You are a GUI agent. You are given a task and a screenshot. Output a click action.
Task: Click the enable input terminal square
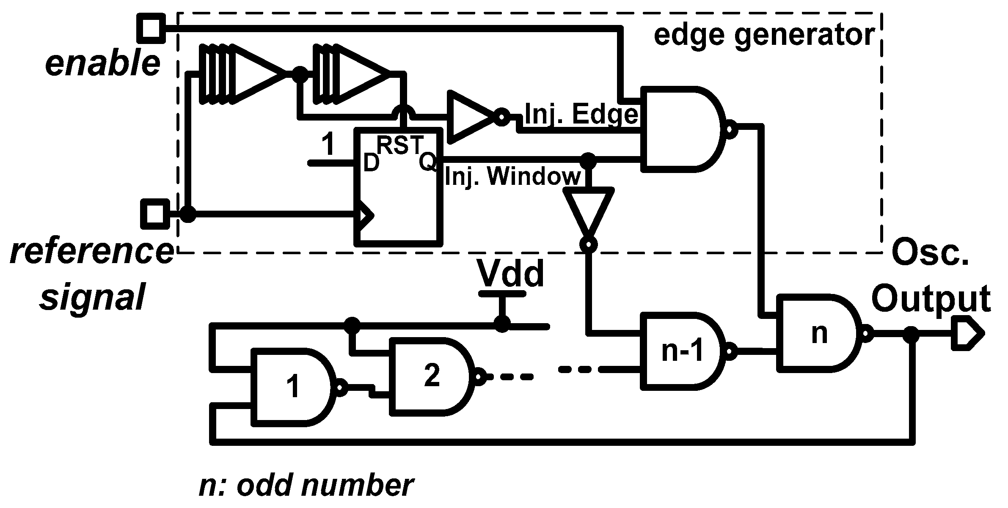pos(151,29)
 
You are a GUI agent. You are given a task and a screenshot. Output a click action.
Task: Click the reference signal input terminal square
pos(154,213)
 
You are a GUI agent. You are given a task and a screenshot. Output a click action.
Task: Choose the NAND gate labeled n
pos(819,334)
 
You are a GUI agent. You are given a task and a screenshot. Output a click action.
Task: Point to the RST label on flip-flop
pos(399,145)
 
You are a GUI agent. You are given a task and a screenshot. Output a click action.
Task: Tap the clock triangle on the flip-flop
pos(364,215)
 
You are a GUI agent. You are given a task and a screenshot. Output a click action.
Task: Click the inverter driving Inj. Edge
pos(472,116)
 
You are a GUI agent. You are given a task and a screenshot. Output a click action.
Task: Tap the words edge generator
pos(764,35)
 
